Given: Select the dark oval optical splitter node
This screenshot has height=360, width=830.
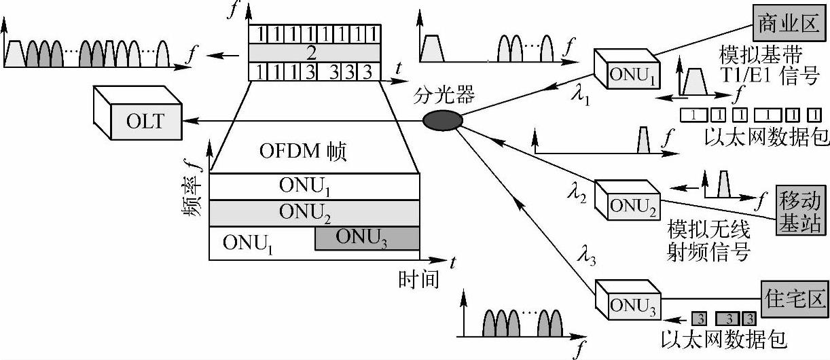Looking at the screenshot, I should (443, 121).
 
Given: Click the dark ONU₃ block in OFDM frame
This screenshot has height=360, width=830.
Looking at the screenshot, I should (366, 238).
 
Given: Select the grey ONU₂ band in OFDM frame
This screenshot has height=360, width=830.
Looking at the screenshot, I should (314, 212).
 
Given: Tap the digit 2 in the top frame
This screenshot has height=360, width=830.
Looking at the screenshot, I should (310, 53).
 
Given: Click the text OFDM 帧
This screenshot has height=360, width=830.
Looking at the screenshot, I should (303, 151).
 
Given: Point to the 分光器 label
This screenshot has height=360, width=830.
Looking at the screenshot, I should (444, 96).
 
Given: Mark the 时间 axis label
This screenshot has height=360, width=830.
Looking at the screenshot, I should (418, 278).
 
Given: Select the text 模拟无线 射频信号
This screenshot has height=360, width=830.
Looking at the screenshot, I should (708, 239).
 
